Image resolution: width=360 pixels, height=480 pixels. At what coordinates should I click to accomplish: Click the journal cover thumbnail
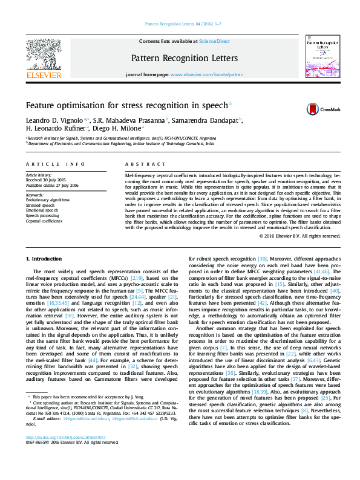(x=321, y=60)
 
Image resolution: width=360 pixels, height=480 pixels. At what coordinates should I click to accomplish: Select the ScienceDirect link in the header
(x=214, y=41)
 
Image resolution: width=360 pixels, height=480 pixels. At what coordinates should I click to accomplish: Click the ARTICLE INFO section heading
(x=58, y=164)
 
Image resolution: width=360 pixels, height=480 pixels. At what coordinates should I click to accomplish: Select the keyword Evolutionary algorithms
(x=48, y=199)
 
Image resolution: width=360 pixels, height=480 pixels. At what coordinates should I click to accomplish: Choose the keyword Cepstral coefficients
(x=45, y=221)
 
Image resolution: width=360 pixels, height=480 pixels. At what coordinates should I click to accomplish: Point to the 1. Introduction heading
(x=44, y=259)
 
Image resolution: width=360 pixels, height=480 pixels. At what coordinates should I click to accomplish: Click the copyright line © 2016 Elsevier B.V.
(x=299, y=236)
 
